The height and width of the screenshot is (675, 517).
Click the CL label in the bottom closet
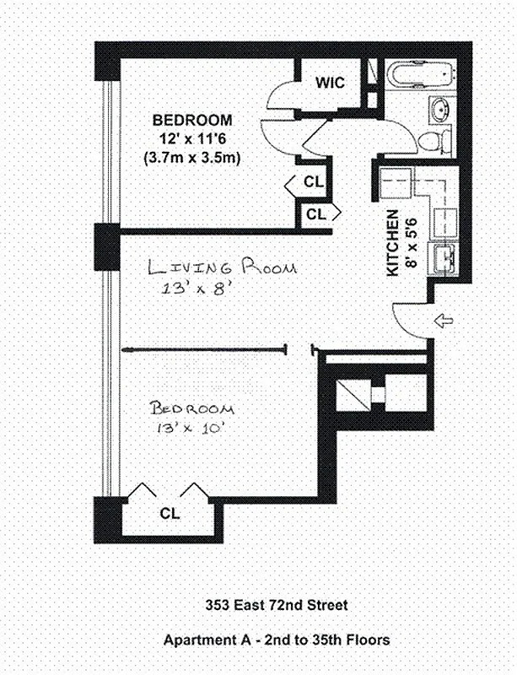169,512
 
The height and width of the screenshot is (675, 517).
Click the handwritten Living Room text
221,269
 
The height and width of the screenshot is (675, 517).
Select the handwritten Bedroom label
191,408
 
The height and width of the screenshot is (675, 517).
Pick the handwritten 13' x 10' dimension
192,429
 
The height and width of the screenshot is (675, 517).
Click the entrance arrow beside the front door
442,321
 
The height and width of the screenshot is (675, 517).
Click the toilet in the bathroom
434,140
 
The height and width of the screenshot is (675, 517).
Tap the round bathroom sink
439,109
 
